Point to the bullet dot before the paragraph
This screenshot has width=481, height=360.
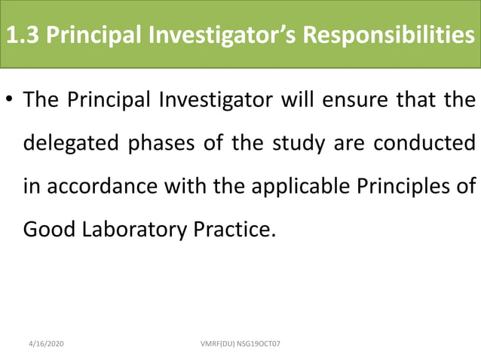[x=10, y=101]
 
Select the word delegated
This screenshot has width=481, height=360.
[x=68, y=143]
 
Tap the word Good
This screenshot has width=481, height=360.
[x=44, y=229]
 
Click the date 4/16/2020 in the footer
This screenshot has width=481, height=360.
[x=46, y=343]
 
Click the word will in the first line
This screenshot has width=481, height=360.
[x=301, y=100]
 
